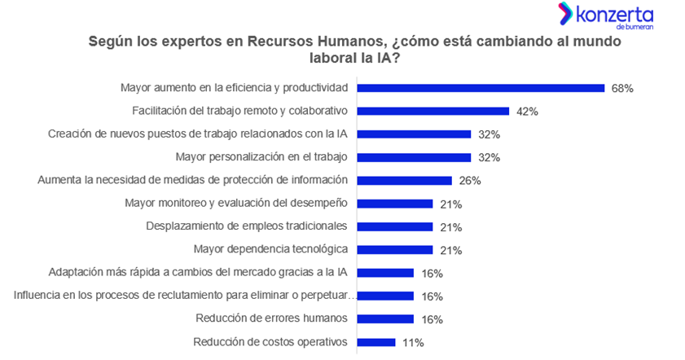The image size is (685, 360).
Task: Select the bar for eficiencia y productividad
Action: (481, 88)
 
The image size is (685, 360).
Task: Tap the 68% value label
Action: (622, 88)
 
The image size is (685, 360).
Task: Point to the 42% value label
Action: (527, 112)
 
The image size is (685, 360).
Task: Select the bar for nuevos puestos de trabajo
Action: (414, 134)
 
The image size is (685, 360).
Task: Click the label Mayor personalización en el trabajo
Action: (261, 156)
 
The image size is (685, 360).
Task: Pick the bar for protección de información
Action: (405, 180)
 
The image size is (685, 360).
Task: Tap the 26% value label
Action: (470, 181)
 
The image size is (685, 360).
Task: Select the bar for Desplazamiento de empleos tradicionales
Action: (395, 226)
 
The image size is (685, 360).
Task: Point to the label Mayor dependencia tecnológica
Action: (270, 249)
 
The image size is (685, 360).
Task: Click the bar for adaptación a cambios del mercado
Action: (385, 273)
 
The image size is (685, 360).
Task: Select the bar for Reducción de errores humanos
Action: (385, 318)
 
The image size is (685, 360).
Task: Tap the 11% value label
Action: (413, 342)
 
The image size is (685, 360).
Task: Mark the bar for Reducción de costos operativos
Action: (376, 342)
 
